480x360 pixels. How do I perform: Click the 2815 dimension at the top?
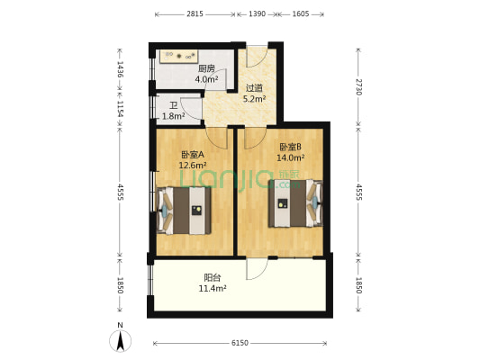[195, 14]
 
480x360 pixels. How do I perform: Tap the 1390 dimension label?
[258, 14]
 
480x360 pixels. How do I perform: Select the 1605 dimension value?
[301, 14]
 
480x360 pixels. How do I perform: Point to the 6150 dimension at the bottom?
[240, 343]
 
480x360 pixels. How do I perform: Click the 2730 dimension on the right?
[358, 87]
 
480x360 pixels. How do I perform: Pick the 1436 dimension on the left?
[120, 69]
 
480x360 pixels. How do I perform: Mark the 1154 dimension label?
[120, 109]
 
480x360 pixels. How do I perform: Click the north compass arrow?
[121, 340]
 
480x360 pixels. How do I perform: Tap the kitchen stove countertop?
[178, 57]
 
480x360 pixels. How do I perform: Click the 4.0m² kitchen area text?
[206, 79]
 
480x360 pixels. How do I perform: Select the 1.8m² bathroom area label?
[173, 116]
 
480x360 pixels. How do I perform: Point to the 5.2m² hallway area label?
[254, 99]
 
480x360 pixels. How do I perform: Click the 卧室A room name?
[193, 155]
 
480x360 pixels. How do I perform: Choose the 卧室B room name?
[291, 147]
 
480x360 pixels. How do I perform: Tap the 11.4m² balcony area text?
[213, 288]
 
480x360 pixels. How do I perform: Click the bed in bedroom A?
[184, 211]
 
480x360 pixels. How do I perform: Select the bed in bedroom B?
[295, 203]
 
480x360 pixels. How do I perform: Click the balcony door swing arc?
[258, 269]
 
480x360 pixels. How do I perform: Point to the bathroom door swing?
[191, 108]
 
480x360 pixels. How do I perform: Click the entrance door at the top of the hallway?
[258, 57]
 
